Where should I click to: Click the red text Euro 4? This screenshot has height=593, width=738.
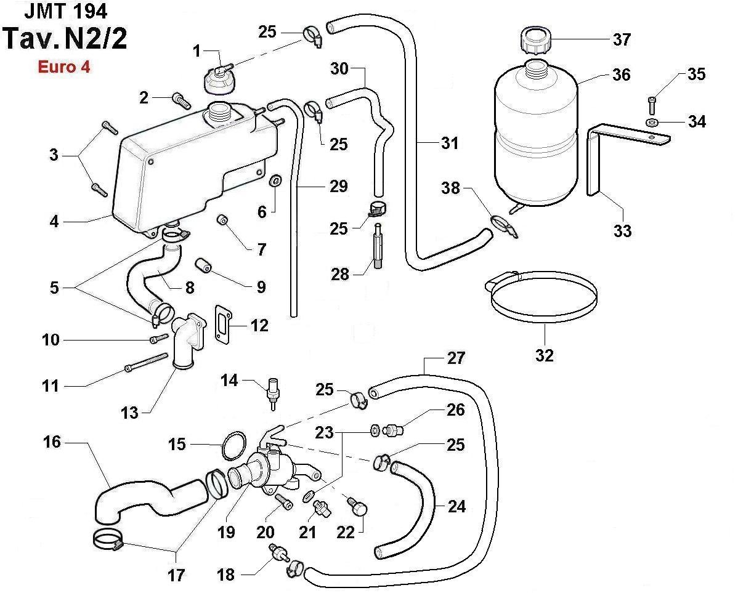click(64, 67)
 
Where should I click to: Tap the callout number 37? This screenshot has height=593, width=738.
click(622, 39)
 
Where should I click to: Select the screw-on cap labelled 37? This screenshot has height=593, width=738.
click(536, 40)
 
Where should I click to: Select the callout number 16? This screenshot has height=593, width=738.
click(53, 442)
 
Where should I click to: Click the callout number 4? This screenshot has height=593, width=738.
click(54, 220)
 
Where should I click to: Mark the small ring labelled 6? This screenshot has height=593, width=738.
click(275, 181)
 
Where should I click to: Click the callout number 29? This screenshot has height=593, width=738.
click(338, 186)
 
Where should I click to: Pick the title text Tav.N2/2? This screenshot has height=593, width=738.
click(66, 37)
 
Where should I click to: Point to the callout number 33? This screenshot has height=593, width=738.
click(622, 231)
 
